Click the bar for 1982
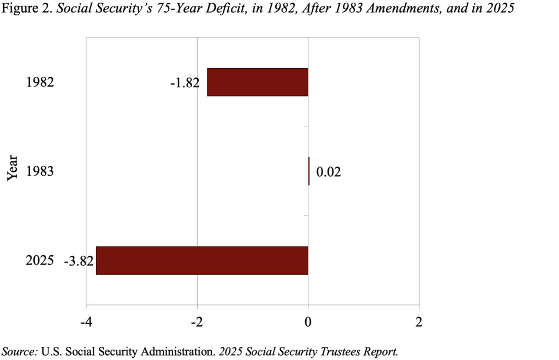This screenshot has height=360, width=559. click(258, 82)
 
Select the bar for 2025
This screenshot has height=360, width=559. click(202, 260)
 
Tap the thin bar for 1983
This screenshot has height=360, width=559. click(308, 171)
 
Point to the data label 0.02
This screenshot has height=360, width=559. click(329, 172)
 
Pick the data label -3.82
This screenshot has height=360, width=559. click(79, 260)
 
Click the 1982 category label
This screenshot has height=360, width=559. click(40, 82)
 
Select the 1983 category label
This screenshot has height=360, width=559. click(40, 172)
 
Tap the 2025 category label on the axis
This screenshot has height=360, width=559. click(40, 260)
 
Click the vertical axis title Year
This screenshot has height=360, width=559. click(13, 167)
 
